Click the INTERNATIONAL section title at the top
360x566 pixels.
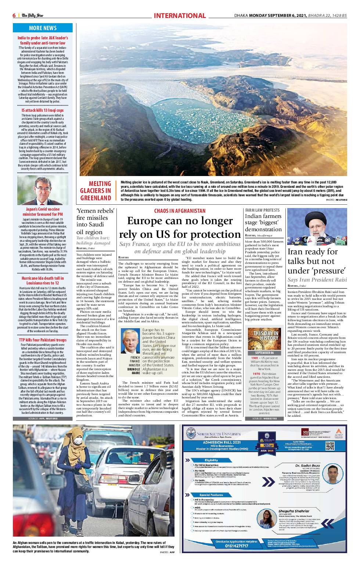(180, 15)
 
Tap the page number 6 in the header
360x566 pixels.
(14, 15)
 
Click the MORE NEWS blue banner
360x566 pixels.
(43, 28)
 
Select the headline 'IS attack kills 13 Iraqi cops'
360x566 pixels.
(43, 110)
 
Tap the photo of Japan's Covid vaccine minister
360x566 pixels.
(43, 190)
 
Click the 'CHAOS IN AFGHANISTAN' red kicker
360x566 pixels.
(180, 211)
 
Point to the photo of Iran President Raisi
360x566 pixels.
(317, 227)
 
